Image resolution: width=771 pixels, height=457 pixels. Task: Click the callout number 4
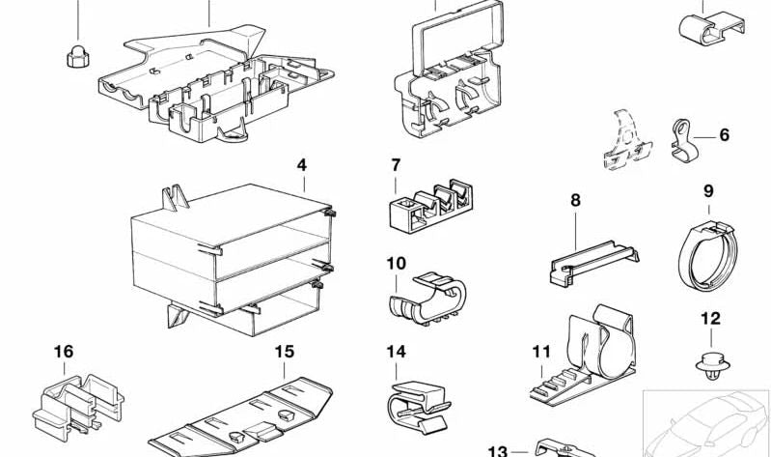click(x=301, y=165)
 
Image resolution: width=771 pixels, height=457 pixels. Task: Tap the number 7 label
click(x=396, y=165)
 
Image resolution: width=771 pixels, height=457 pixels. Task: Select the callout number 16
click(x=64, y=352)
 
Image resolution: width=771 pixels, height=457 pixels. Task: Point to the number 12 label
click(x=710, y=318)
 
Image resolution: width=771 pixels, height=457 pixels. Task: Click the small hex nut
click(x=76, y=57)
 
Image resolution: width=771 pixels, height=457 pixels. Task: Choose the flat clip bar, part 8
click(x=591, y=263)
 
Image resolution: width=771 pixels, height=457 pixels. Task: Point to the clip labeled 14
click(x=417, y=405)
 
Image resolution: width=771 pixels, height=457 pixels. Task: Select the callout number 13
click(x=497, y=450)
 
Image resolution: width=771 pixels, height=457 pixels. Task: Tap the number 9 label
click(x=707, y=190)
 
